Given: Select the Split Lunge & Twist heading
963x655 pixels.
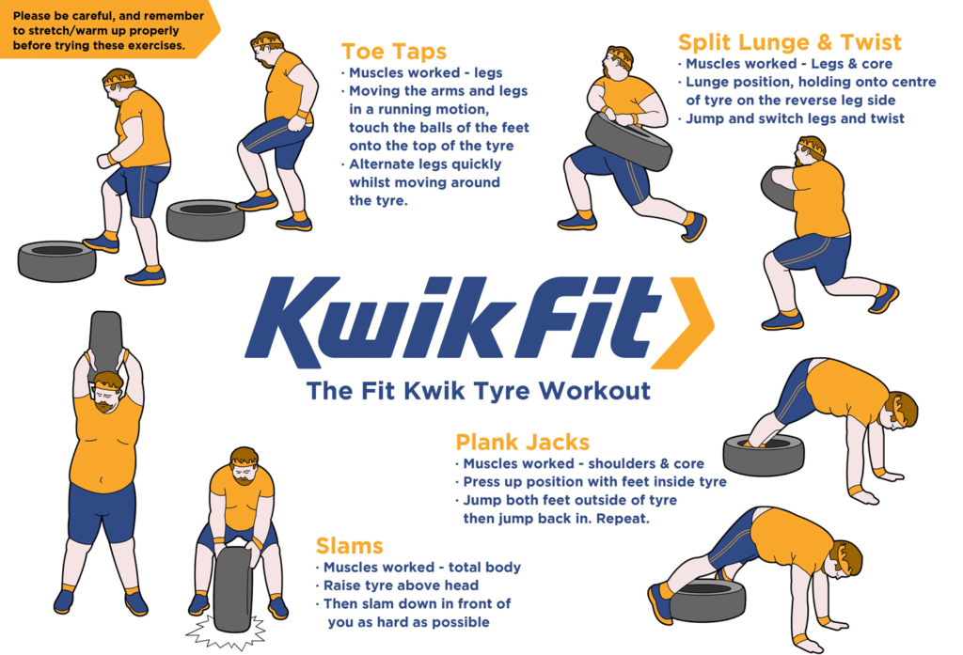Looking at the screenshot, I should (x=789, y=43).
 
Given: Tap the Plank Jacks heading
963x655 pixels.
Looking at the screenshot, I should (x=522, y=443).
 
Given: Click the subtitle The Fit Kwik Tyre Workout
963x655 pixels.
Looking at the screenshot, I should (x=479, y=389).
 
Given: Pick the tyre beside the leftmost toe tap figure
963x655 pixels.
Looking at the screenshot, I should (x=56, y=260).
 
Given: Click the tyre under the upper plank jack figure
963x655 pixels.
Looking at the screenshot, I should (x=763, y=455).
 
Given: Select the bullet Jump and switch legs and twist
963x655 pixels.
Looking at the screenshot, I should (x=795, y=118).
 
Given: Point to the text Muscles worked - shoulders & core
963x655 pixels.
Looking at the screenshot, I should (x=583, y=463).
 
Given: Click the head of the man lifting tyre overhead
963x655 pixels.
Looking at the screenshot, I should (x=106, y=390).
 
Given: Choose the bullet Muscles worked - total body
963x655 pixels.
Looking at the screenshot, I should (x=421, y=568).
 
